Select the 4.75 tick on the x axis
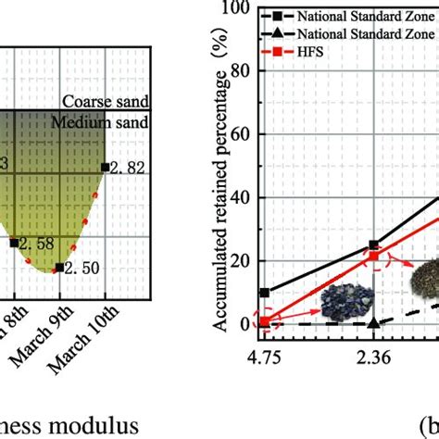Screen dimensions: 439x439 265,353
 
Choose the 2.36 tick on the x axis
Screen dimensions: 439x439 373,353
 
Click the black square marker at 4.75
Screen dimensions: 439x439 265,293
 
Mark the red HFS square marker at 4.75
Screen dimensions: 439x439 265,322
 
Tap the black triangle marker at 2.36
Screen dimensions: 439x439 373,323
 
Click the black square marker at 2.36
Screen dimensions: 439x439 373,245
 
